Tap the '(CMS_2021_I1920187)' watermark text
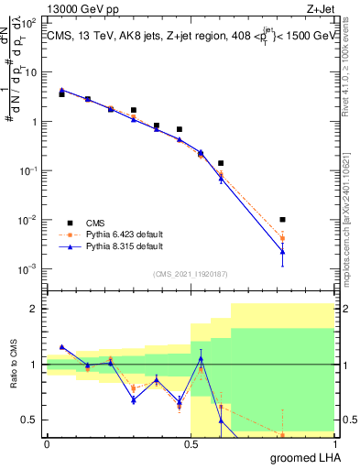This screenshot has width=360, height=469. pyautogui.click(x=191, y=274)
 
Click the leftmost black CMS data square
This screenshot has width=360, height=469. pyautogui.click(x=61, y=93)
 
